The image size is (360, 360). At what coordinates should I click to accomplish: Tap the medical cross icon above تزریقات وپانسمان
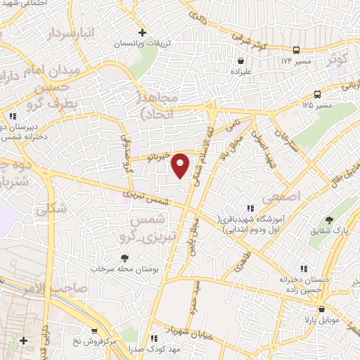click(x=143, y=32)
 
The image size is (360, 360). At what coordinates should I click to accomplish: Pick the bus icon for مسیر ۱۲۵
click(x=318, y=94)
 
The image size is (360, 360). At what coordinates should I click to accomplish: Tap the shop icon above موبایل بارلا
click(x=321, y=309)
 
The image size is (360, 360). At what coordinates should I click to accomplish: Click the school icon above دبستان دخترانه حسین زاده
click(x=304, y=268)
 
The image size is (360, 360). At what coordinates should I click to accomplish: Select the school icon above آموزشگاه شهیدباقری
click(x=250, y=207)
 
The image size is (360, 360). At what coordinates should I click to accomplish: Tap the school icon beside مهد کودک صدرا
click(x=154, y=337)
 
